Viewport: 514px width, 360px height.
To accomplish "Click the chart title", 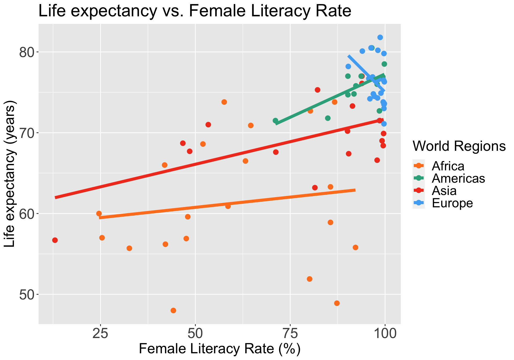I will [x=195, y=11].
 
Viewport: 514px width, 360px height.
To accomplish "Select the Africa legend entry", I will [x=448, y=166].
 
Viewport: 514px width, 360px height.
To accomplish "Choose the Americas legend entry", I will [x=458, y=178].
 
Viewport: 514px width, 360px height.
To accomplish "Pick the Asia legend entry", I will [x=444, y=191].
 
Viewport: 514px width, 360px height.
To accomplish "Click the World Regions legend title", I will [x=459, y=146].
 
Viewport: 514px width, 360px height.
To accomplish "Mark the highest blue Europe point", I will [x=380, y=37].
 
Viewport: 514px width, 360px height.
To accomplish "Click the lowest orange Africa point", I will [x=173, y=310].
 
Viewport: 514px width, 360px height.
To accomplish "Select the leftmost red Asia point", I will [x=55, y=240].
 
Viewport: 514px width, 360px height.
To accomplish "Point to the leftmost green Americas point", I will [x=275, y=121].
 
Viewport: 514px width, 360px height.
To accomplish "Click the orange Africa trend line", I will [x=228, y=204].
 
